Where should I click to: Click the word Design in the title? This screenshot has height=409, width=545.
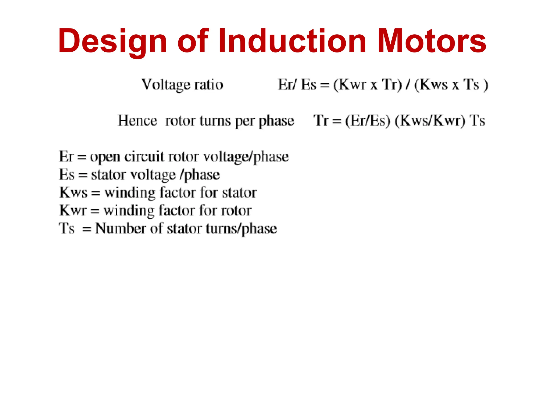112,41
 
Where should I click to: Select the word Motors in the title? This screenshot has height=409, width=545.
432,41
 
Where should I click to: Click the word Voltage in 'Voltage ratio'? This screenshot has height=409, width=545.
166,85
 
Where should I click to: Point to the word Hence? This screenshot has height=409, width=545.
137,121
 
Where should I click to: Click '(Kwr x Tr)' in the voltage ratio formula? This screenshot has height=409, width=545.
368,85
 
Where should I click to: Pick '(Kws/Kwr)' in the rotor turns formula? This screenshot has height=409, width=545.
430,121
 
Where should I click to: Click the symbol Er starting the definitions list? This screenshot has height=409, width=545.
66,156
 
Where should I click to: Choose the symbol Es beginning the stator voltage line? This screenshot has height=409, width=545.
67,174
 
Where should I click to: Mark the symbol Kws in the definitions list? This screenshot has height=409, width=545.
73,192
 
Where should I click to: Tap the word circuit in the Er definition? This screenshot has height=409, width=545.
144,156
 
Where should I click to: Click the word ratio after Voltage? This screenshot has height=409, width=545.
209,85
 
